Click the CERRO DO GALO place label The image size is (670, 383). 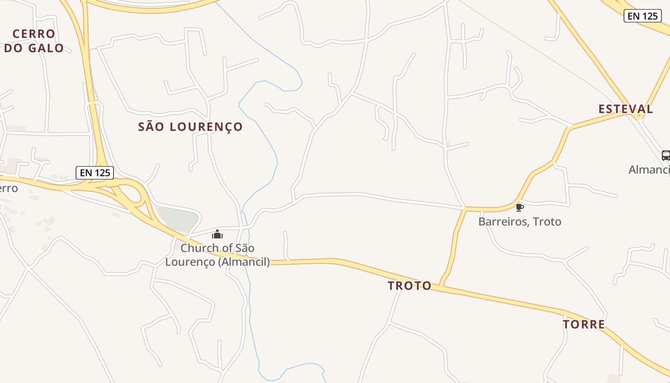(34, 41)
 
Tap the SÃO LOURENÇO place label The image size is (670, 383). (190, 127)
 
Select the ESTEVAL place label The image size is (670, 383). (625, 109)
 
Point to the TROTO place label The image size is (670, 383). (410, 286)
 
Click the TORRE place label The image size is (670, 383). (584, 325)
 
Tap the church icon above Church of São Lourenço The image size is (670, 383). (217, 234)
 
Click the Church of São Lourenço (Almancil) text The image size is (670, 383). (218, 255)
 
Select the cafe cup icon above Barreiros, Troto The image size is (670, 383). (519, 207)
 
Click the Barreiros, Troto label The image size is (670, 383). (520, 221)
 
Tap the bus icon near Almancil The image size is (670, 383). (666, 155)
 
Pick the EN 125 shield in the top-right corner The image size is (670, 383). (643, 16)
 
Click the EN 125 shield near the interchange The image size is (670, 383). (95, 173)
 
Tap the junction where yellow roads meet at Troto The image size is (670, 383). (442, 286)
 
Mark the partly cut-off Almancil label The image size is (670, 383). (649, 169)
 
